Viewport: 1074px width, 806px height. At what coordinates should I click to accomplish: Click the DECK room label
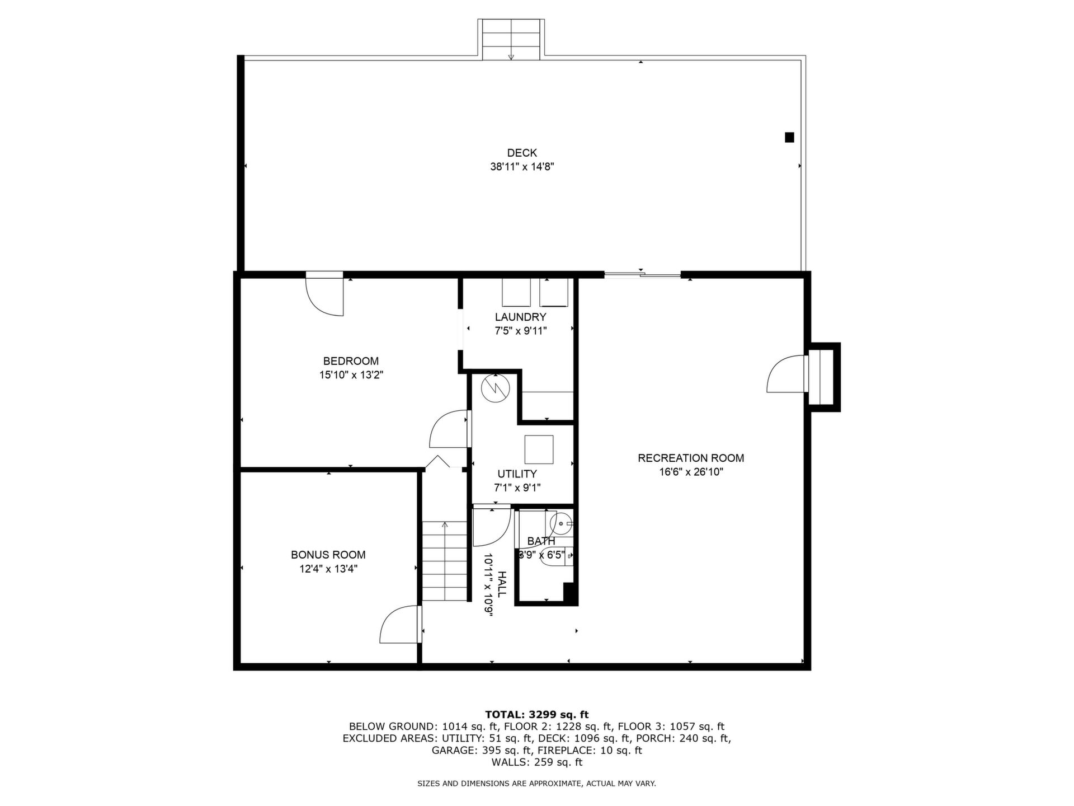(x=522, y=153)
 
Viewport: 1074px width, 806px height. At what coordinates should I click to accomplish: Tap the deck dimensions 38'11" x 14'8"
(x=522, y=167)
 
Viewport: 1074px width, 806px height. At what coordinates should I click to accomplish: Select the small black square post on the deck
(x=789, y=137)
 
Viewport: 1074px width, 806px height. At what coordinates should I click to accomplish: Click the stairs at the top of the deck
(x=511, y=39)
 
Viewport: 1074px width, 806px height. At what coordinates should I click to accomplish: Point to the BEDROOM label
(x=351, y=361)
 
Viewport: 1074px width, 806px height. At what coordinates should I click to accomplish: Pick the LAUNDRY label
(x=520, y=317)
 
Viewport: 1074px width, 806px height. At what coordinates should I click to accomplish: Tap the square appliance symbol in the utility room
(x=539, y=449)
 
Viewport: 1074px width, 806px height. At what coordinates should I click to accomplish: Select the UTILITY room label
(x=517, y=474)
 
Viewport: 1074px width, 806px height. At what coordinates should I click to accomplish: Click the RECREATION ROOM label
(x=691, y=458)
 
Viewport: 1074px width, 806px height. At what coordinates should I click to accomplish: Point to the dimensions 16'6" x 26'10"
(x=691, y=472)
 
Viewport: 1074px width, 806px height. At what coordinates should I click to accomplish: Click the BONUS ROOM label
(x=328, y=555)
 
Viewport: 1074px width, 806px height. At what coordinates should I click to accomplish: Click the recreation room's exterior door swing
(x=786, y=373)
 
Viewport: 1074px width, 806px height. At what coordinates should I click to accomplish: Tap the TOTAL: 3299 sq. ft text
(x=536, y=714)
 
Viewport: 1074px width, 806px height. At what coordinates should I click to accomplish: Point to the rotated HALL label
(x=502, y=584)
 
